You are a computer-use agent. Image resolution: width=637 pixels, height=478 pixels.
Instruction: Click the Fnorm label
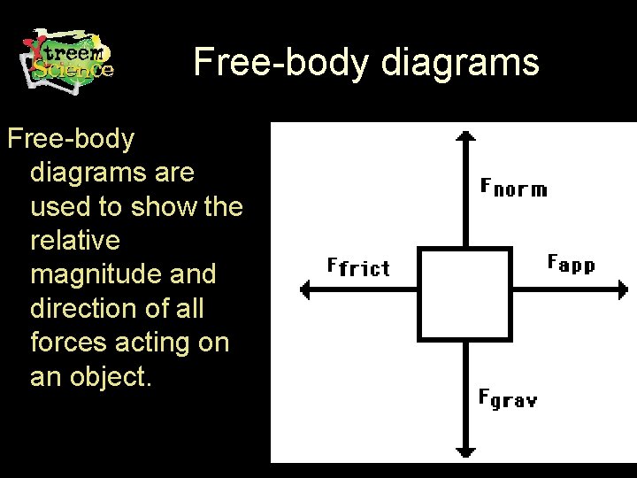[x=513, y=188]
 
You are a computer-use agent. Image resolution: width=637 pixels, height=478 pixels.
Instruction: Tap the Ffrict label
[x=358, y=266]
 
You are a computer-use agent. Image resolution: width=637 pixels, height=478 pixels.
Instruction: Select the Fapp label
[x=572, y=264]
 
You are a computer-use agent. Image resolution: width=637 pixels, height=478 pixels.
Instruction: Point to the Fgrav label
[x=508, y=398]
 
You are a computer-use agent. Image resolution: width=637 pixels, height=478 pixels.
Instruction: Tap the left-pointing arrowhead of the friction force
[x=305, y=289]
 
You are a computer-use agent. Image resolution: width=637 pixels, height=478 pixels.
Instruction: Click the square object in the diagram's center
[x=464, y=295]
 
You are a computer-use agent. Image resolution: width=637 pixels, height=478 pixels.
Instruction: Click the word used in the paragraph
[x=63, y=207]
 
